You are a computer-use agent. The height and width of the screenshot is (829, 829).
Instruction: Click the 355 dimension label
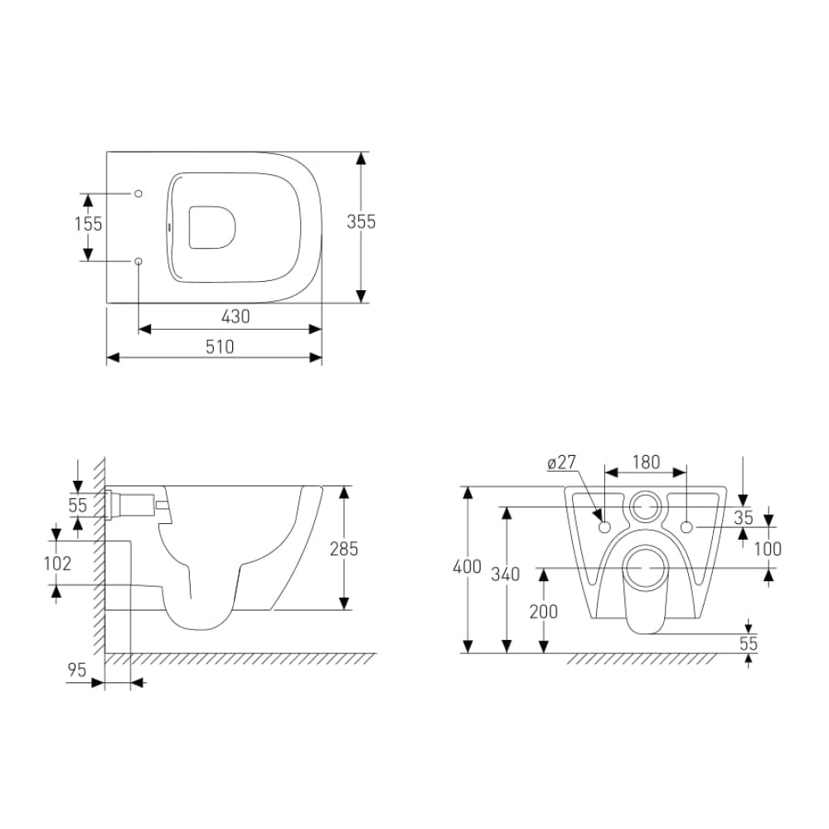361,221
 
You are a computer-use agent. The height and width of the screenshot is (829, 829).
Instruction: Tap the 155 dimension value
89,224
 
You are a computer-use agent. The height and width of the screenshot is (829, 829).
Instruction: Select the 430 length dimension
235,316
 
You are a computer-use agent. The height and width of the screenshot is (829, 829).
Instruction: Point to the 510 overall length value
220,347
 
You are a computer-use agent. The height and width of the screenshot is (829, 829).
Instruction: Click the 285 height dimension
344,549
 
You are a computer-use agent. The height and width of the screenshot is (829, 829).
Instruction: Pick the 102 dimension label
57,563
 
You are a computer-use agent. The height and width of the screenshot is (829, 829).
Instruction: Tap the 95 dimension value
76,670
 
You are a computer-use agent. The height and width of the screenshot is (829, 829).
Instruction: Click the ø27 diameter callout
561,463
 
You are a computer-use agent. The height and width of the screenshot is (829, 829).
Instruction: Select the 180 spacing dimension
646,462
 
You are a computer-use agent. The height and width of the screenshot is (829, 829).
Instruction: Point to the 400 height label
468,566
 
